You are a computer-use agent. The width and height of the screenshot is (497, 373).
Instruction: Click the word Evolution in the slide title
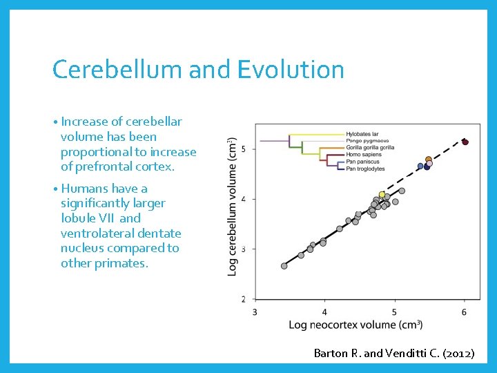coord(291,70)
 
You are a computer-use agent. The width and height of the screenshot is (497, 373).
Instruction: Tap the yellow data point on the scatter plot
coord(382,195)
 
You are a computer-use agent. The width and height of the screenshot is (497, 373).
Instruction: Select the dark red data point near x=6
coord(465,142)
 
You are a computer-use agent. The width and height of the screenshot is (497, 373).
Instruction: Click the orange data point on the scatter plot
coord(429,160)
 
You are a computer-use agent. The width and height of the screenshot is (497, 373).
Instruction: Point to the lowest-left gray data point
coord(284,266)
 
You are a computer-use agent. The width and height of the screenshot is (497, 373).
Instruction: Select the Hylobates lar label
coord(362,134)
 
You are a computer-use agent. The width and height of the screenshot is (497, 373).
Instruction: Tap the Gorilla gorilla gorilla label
coord(370,147)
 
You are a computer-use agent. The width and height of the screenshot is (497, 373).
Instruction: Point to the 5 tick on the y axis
coord(244,149)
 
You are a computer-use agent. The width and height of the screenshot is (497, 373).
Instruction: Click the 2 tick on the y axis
coord(244,299)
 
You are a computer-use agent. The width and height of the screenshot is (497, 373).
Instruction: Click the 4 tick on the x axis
coord(324,312)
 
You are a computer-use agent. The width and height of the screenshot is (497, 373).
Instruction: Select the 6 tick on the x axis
coord(464,312)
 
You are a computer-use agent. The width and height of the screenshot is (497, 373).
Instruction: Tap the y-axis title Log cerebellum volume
coord(233,207)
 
